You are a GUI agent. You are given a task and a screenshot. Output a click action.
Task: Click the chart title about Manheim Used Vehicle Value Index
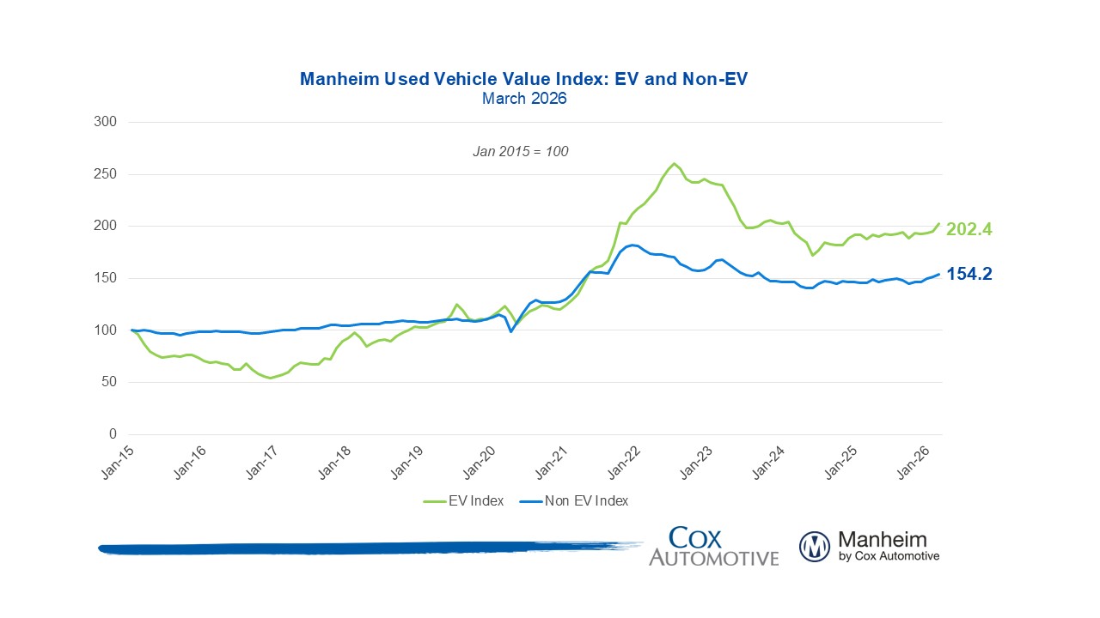pos(524,79)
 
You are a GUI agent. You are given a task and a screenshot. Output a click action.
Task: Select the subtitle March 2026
pos(524,99)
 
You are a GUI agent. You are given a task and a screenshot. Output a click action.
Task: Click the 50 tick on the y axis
pos(108,382)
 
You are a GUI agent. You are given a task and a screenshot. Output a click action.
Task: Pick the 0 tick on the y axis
pos(112,434)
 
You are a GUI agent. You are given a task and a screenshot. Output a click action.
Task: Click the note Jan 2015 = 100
pos(521,151)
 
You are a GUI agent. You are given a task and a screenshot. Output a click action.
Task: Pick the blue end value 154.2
pos(969,274)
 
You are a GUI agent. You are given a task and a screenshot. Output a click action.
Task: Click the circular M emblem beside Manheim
pos(814,547)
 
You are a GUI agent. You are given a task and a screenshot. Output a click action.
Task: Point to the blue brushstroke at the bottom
pos(361,548)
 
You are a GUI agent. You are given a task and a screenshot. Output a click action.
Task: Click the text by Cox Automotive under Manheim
pos(889,556)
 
